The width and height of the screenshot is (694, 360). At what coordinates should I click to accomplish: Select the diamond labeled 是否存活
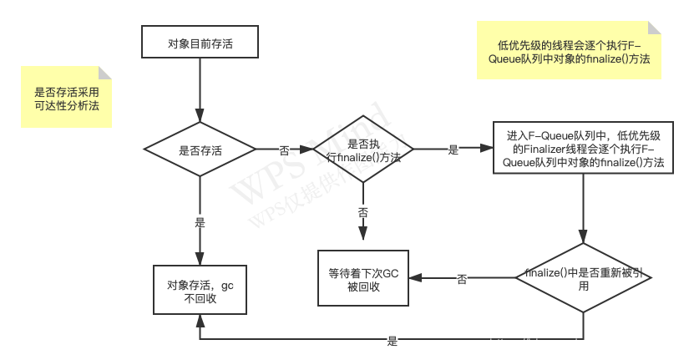[200, 150]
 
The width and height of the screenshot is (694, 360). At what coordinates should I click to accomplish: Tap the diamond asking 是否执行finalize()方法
[362, 150]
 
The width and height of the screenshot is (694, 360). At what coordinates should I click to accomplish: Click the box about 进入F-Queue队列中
[584, 150]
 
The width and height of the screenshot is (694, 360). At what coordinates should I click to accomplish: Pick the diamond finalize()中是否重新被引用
[584, 279]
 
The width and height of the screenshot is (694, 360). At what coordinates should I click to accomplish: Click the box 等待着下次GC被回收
[362, 279]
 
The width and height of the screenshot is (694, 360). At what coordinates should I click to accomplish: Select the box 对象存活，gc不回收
[200, 291]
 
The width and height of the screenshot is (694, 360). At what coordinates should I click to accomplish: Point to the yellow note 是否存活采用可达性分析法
[66, 98]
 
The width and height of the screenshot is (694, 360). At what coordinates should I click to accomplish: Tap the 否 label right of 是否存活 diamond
[284, 150]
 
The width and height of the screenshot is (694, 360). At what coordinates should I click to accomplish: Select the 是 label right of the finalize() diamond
[453, 150]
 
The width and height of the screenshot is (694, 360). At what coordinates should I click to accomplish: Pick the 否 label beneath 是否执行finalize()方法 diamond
[362, 212]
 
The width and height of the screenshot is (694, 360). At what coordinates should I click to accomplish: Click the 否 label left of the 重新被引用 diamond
[461, 279]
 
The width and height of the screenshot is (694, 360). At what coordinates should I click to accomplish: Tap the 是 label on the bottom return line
[392, 339]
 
